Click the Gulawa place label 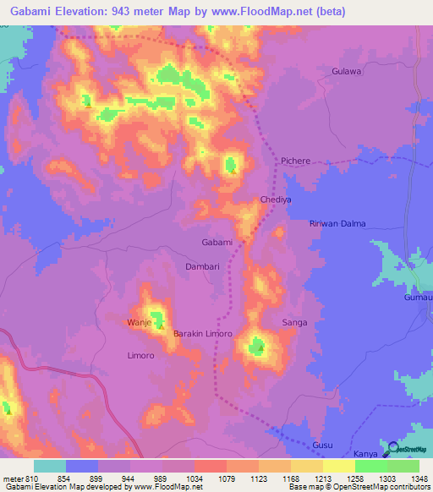point(347,72)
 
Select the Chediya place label point(276,200)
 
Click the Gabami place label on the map point(216,243)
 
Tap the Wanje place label point(138,323)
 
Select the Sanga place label point(294,323)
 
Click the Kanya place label point(364,454)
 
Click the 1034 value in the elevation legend point(194,479)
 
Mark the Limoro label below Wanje point(140,356)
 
